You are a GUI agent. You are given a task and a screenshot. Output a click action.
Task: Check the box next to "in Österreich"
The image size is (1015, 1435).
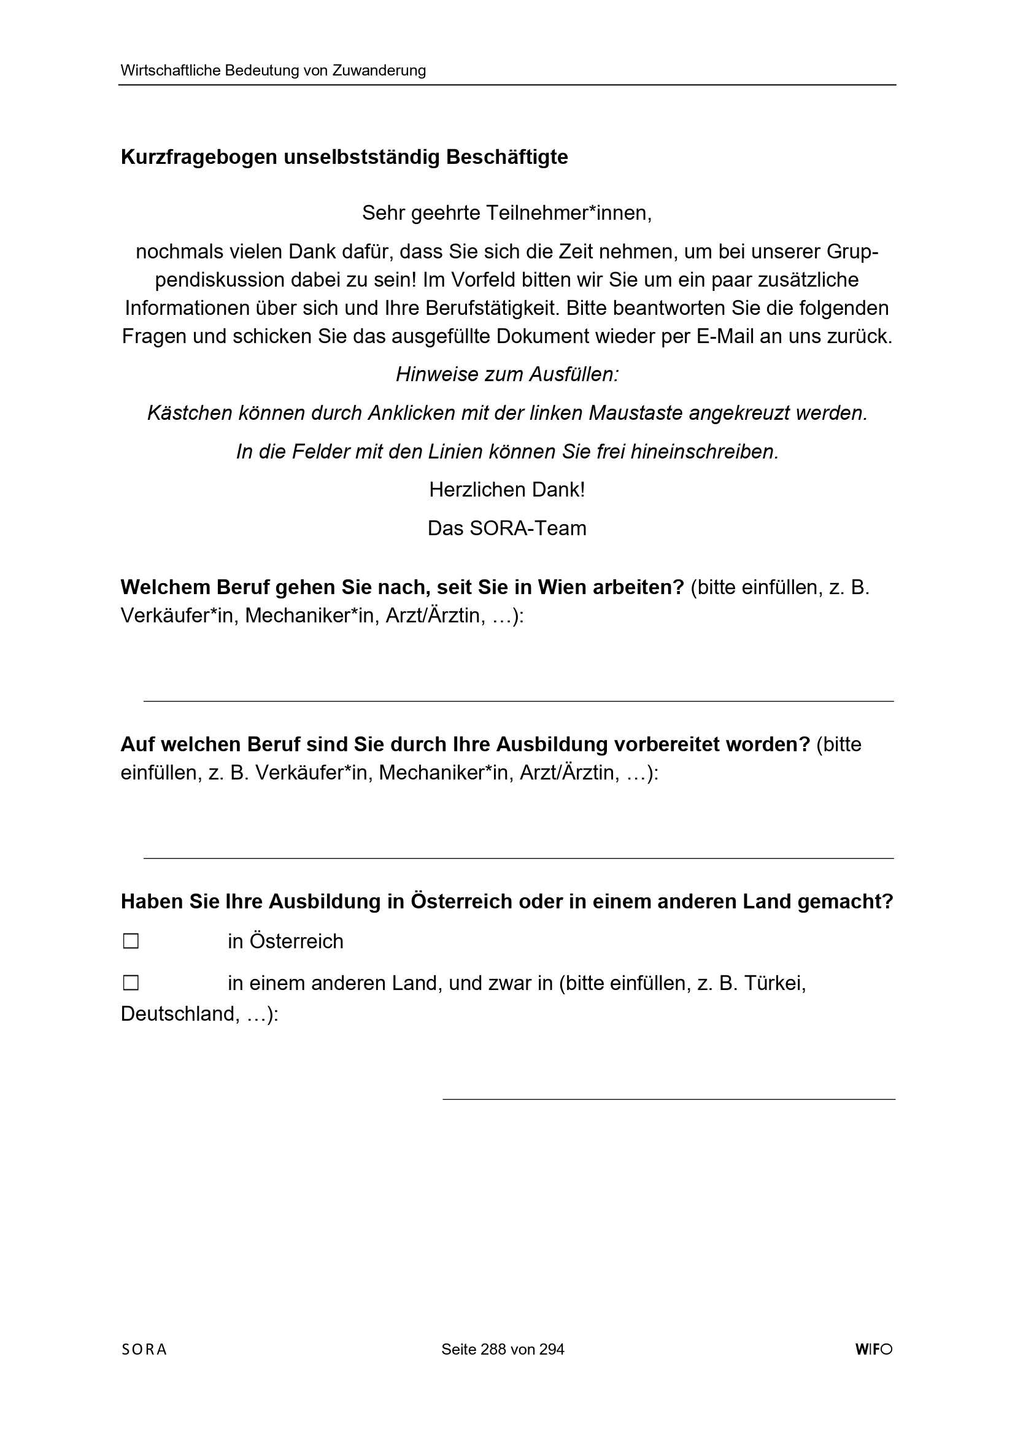pos(131,942)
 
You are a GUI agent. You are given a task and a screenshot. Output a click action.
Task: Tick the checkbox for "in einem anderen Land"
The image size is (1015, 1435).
pos(131,983)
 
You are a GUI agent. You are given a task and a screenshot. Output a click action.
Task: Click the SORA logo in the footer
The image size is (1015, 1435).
pos(144,1349)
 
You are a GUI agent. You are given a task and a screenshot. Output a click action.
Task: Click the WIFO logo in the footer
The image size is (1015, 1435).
pos(874,1349)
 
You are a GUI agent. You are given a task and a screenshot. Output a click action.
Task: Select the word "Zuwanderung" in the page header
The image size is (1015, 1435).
pos(379,71)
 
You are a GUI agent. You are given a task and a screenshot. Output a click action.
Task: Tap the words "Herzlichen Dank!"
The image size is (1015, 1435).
pos(507,490)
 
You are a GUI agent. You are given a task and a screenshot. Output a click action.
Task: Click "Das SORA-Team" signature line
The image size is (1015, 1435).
pos(507,528)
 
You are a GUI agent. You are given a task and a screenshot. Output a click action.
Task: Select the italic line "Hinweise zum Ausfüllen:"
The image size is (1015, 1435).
pos(507,374)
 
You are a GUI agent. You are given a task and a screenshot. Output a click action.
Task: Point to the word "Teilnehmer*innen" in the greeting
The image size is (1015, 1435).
pos(568,214)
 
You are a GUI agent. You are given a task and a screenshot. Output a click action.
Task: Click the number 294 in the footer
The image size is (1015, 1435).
pos(552,1349)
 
